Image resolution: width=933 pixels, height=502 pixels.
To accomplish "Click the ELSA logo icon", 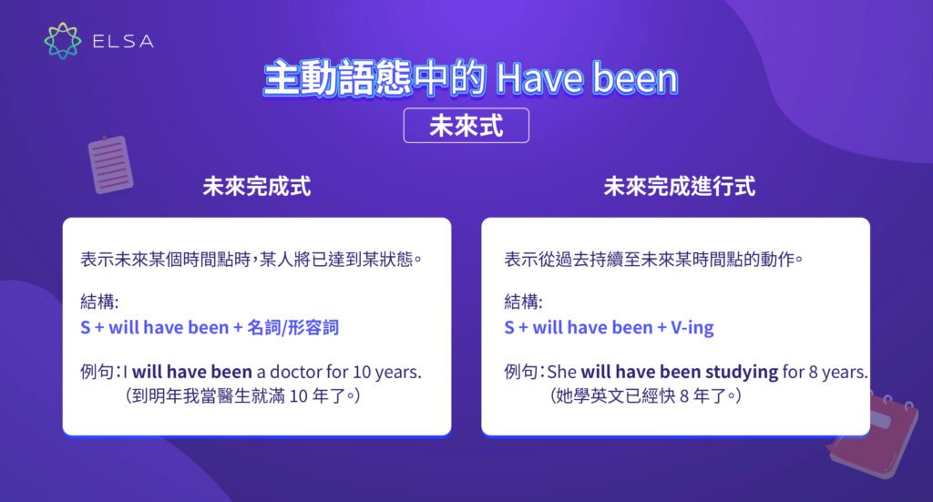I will pyautogui.click(x=63, y=41).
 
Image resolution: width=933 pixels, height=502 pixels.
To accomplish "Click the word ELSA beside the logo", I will pyautogui.click(x=122, y=41).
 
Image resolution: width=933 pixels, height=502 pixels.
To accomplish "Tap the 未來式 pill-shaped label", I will pyautogui.click(x=466, y=127).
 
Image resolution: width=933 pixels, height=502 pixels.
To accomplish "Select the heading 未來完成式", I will pyautogui.click(x=256, y=187).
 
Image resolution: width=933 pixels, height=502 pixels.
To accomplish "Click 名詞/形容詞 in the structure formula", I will pyautogui.click(x=292, y=327).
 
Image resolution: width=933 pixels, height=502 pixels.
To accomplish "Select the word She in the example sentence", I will pyautogui.click(x=561, y=372).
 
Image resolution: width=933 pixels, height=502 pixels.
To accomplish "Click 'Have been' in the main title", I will pyautogui.click(x=587, y=80).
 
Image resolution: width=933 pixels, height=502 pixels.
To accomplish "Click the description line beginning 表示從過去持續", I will pyautogui.click(x=653, y=260).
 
